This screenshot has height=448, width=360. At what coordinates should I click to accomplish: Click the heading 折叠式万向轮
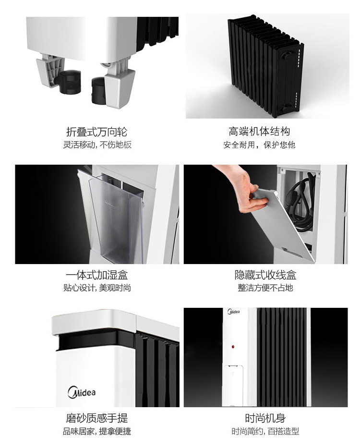[x=96, y=132]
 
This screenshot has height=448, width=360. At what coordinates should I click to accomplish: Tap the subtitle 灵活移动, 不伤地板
[x=97, y=145]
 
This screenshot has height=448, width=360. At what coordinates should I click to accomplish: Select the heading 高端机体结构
[x=259, y=132]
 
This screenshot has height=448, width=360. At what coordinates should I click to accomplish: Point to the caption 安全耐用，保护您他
[x=259, y=145]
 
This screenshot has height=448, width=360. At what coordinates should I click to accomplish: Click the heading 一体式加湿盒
[x=96, y=275]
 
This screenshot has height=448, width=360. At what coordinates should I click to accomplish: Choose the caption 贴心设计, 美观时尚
[x=97, y=288]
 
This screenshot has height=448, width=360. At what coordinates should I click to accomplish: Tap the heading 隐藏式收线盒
[x=265, y=275]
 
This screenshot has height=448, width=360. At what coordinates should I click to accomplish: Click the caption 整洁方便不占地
[x=265, y=288]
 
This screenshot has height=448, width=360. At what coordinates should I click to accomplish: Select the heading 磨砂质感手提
[x=96, y=418]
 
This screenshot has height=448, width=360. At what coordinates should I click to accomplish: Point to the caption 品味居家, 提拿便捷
[x=97, y=431]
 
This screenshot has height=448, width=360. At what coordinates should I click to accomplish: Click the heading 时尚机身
[x=265, y=418]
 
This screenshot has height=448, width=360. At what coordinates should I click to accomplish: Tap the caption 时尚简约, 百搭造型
[x=265, y=431]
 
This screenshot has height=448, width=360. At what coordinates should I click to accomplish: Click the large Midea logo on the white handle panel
[x=82, y=392]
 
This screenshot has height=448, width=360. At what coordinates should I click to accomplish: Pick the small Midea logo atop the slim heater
[x=234, y=312]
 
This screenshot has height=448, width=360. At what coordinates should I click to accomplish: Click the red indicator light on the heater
[x=233, y=347]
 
